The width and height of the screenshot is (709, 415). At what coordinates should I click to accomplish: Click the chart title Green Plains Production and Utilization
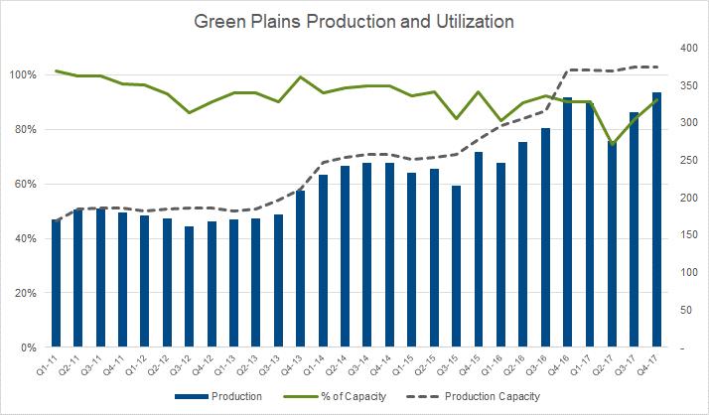coord(354,20)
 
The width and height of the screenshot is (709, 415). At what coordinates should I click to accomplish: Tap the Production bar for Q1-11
coord(57,284)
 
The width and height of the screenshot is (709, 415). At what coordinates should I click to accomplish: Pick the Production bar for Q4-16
coord(567,222)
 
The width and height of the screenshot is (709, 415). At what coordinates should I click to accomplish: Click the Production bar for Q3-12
coord(189,287)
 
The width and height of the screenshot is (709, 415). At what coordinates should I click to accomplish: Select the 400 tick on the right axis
coord(684,47)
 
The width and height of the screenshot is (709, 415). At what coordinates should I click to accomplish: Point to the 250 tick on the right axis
coord(684,160)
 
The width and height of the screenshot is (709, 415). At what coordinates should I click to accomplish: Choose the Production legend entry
coord(230,396)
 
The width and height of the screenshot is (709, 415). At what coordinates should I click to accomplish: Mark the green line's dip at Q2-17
coord(613,145)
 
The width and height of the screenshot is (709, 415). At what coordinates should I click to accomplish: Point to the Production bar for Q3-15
coord(456,267)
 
